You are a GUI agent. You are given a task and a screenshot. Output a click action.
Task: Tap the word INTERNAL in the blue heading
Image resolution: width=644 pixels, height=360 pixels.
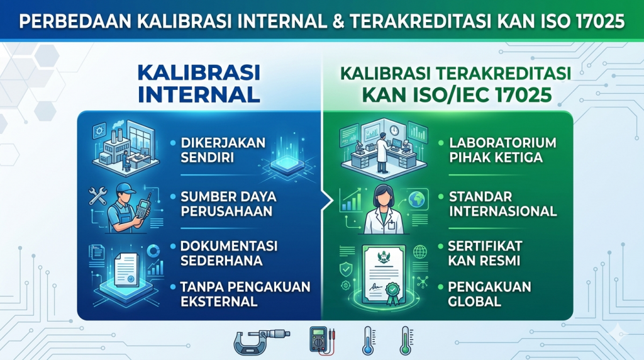point(199,94)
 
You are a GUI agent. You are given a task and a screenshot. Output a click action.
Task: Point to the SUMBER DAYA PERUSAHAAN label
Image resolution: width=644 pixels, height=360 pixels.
point(228,204)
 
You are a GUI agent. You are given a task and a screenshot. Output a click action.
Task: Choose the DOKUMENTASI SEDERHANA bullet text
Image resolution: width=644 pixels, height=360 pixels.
point(229,253)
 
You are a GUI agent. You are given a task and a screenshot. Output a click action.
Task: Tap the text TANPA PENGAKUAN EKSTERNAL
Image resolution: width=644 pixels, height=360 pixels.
point(245,294)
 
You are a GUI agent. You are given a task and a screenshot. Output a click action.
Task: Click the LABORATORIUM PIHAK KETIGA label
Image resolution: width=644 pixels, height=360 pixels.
point(502,150)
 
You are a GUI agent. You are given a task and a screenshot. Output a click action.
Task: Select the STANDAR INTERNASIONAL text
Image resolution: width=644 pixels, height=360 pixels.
point(502,204)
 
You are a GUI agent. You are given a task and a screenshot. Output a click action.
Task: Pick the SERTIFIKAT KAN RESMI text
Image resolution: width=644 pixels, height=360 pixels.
point(485,253)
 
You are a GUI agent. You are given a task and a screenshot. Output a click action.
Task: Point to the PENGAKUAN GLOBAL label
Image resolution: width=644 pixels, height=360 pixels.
point(489,294)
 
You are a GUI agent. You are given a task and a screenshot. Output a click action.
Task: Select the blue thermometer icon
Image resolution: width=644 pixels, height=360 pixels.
point(367,340)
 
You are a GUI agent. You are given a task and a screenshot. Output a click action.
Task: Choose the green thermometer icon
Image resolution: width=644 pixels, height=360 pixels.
point(406,340)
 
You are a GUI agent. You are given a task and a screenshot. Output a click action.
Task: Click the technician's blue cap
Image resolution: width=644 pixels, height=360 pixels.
point(125,189)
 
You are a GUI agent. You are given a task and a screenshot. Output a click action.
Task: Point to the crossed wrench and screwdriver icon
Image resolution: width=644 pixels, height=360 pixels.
point(97,196)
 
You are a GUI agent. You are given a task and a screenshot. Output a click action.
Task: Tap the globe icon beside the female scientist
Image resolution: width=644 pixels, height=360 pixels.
point(418,200)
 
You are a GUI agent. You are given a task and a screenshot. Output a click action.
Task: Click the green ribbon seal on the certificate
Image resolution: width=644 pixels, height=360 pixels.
point(392,293)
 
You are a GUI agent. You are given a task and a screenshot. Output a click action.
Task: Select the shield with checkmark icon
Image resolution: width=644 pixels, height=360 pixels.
point(346,269)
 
